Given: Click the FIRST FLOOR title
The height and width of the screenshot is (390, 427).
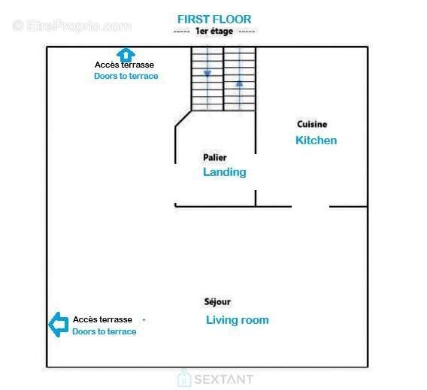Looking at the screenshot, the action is coord(214,20).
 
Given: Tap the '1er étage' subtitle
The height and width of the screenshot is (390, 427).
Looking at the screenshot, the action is coord(214,32).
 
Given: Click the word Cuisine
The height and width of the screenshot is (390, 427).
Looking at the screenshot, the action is coord(312,124).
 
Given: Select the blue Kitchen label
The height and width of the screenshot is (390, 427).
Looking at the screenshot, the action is coord(316,141).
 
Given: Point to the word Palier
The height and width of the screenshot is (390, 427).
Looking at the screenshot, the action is coord(215,157).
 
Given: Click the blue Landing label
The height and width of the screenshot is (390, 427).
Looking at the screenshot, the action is coord(225,172).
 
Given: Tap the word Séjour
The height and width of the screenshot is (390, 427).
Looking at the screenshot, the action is coord(217,301).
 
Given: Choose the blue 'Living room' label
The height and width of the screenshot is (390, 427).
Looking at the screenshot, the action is coord(238,320).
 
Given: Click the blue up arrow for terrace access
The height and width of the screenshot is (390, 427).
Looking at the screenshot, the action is coord(126,56).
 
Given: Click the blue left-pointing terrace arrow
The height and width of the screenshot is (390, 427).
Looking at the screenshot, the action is coord(59,325).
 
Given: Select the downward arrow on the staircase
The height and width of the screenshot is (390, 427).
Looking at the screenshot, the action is coord(207,74).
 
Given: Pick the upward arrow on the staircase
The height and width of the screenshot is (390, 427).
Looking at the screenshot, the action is coord(239,83).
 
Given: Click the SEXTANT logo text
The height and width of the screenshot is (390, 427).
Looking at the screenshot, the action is coord(224,379).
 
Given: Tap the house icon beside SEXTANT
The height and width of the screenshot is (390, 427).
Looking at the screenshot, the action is coord(184,378).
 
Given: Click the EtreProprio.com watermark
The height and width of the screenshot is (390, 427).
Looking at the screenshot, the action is coord(72,26).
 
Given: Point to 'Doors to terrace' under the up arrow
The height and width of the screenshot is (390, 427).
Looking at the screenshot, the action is coord(126,76).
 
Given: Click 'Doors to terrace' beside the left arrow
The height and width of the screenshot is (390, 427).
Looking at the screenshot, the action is coord(104,331).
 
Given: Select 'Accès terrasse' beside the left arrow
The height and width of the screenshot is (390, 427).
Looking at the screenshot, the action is coord(103,319).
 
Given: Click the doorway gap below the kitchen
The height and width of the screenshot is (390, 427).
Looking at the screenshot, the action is coord(310,207).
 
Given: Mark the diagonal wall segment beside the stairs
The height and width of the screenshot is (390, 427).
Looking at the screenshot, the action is coord(183,119).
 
